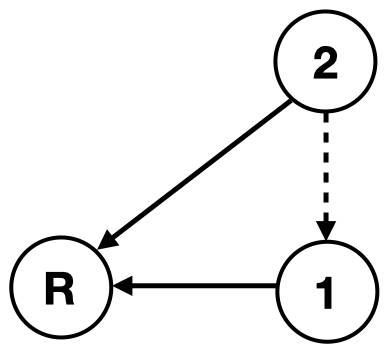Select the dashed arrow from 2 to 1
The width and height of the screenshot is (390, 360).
click(325, 175)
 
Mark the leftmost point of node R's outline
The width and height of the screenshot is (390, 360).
click(15, 289)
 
